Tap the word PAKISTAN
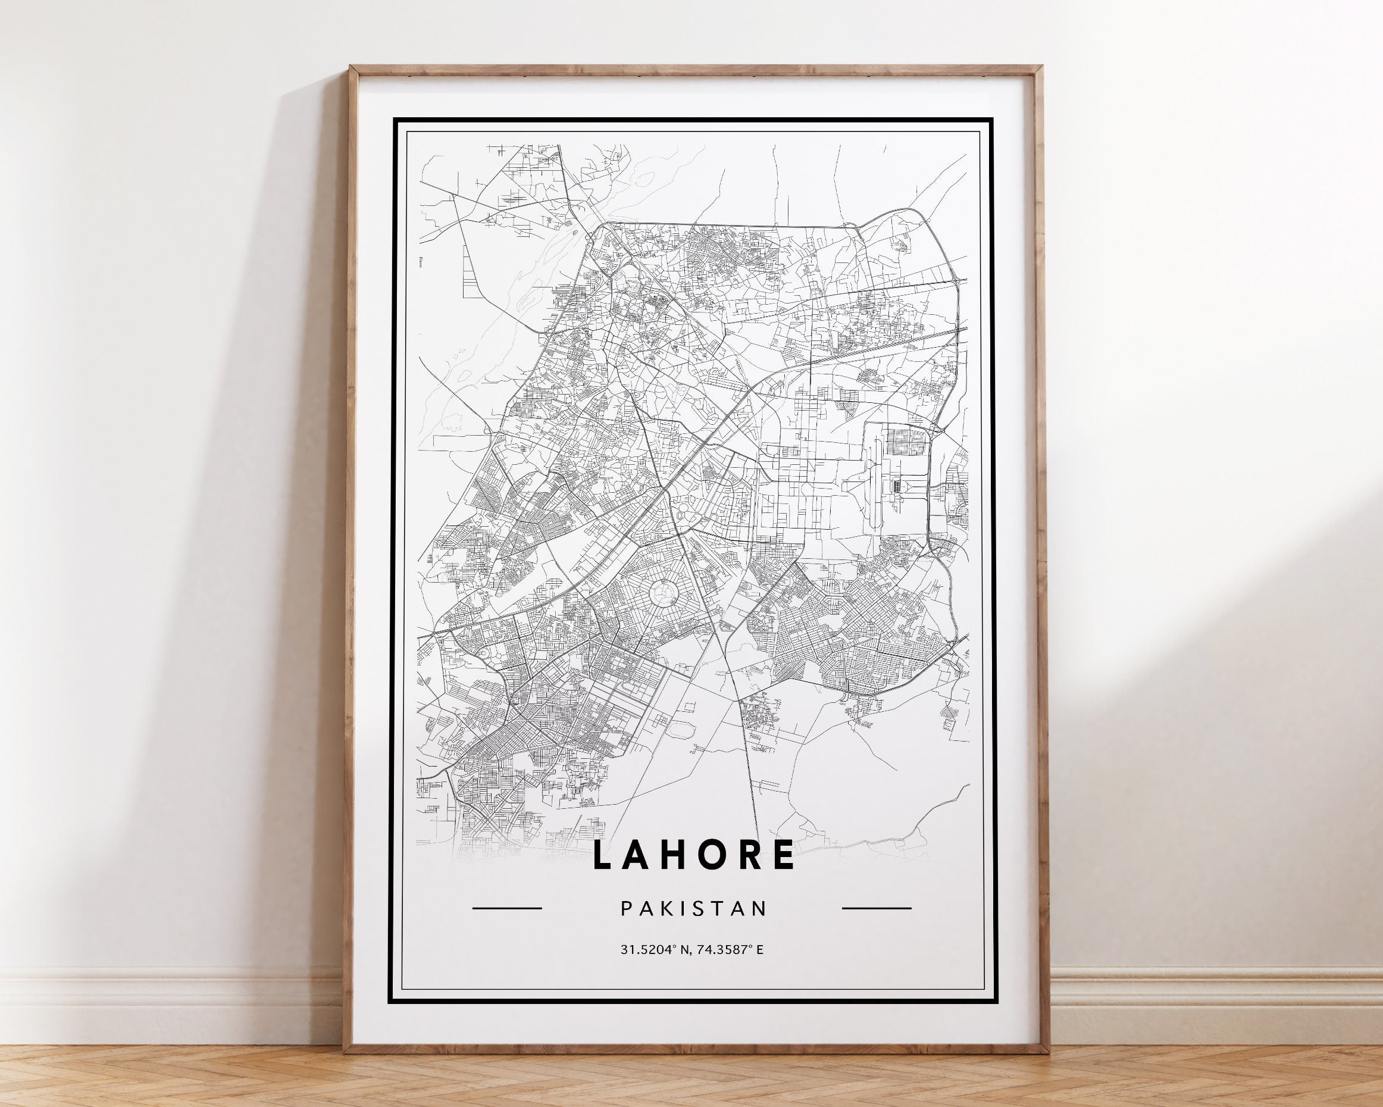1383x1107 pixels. [693, 909]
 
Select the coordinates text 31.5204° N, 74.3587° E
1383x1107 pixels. [691, 949]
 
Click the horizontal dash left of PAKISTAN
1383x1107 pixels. [507, 908]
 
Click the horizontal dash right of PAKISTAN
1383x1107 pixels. [876, 908]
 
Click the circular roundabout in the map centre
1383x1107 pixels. [661, 593]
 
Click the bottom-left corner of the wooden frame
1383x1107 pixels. [346, 1051]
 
